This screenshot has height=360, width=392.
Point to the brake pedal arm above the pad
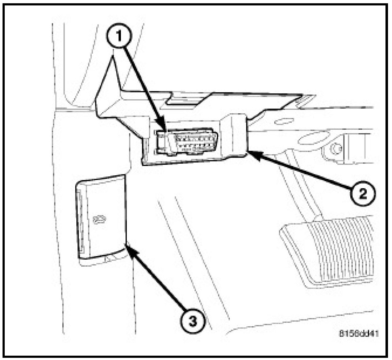click(x=301, y=188)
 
